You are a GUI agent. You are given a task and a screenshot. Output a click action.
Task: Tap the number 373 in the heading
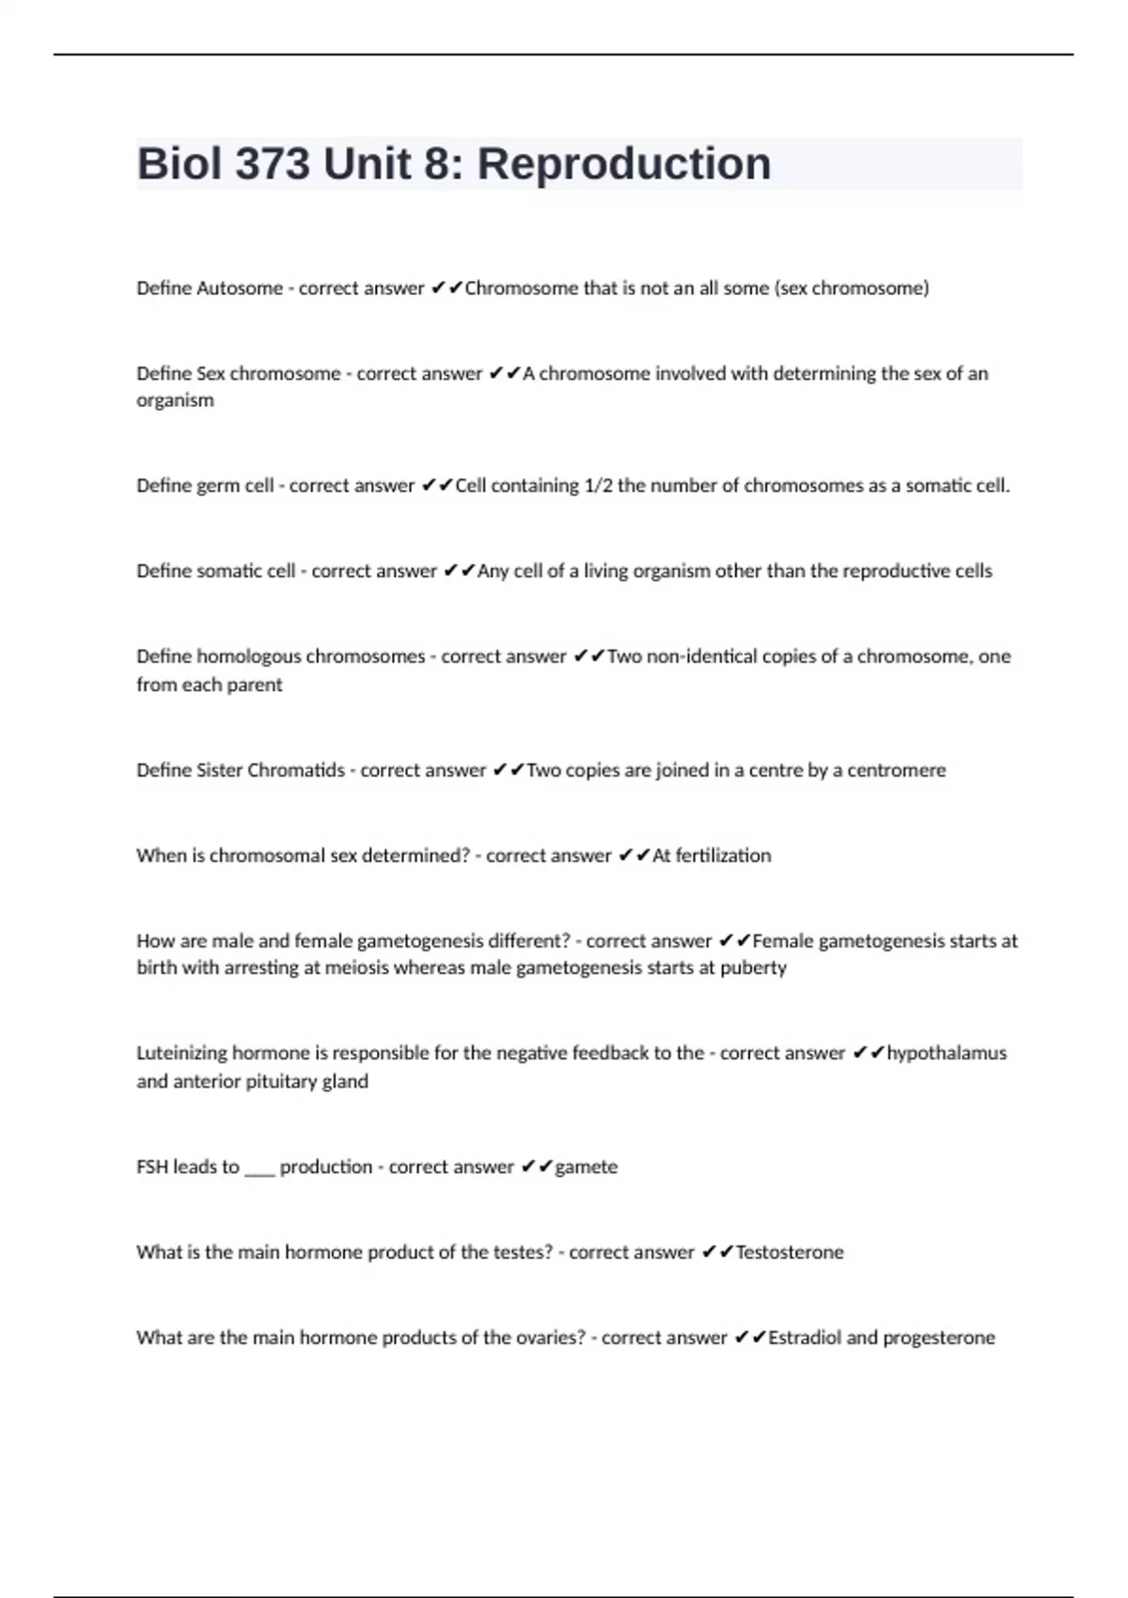pos(272,164)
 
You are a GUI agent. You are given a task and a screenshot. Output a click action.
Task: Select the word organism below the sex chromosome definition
pos(175,400)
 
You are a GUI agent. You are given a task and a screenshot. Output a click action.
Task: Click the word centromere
pos(896,770)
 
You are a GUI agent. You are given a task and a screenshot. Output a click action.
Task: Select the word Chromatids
pos(299,770)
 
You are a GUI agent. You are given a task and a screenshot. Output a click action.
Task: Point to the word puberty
pos(753,968)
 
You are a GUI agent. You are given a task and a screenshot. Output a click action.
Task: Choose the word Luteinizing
pos(181,1053)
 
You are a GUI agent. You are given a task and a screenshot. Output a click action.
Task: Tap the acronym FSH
pos(151,1167)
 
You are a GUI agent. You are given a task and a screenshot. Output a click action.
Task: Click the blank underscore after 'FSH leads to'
pos(259,1170)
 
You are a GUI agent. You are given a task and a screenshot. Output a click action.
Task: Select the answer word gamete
pos(587,1167)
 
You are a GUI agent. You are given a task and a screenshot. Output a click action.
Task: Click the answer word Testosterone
pos(790,1252)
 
